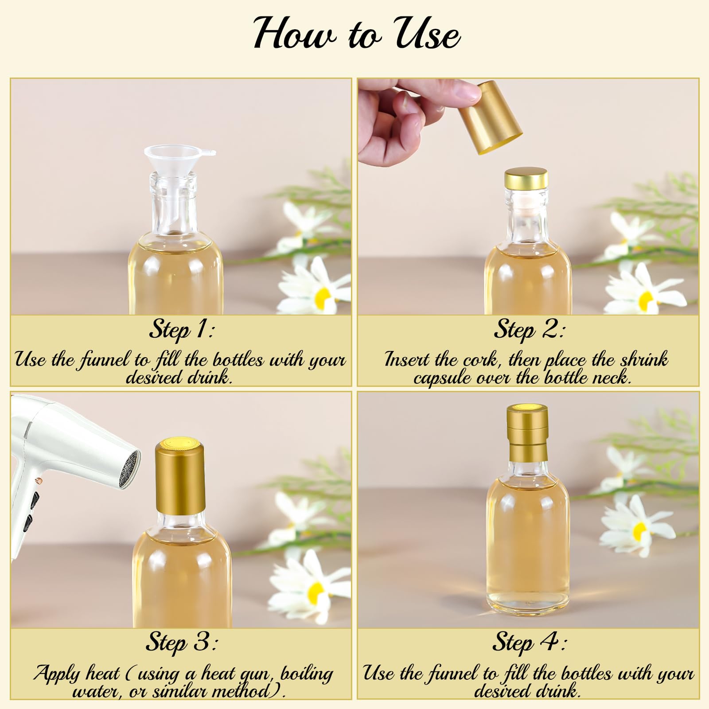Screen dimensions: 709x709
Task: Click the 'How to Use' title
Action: click(x=357, y=34)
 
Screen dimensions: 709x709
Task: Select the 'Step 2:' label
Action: click(x=529, y=330)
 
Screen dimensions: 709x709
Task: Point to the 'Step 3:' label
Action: click(x=182, y=643)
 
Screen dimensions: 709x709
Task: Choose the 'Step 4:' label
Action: click(x=529, y=643)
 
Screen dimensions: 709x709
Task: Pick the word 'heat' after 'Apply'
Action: click(x=103, y=673)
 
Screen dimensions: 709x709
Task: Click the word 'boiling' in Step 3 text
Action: click(x=307, y=674)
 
